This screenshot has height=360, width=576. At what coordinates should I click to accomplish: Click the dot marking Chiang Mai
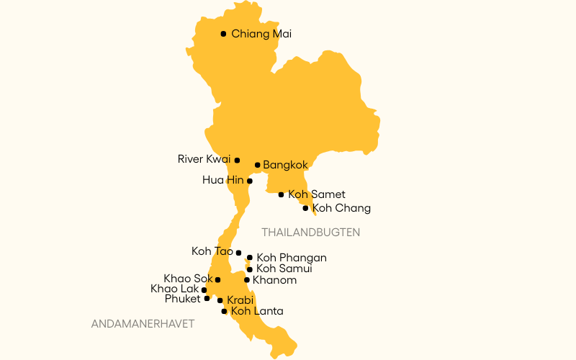tap(223, 34)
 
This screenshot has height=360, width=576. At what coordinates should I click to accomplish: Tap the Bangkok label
tap(285, 165)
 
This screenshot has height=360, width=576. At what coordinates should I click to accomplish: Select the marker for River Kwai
tap(237, 160)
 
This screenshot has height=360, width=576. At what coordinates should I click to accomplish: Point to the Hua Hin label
tap(222, 180)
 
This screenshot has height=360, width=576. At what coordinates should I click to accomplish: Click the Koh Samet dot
tap(281, 194)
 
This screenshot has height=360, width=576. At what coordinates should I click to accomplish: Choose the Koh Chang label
tap(341, 208)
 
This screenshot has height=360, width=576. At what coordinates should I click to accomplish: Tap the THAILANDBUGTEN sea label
tap(310, 233)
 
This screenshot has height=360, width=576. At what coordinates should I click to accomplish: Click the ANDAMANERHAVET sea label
tap(143, 324)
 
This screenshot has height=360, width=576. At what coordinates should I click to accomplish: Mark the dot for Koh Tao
tap(238, 253)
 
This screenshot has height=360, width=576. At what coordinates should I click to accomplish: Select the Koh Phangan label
tap(292, 258)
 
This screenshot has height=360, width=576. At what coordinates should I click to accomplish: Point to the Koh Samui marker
tap(250, 269)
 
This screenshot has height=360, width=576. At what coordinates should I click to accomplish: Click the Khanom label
tap(275, 280)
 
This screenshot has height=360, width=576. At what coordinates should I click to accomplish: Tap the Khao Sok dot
tap(217, 279)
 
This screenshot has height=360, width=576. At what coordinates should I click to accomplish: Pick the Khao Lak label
tap(174, 289)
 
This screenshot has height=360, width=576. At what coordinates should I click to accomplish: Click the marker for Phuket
tap(207, 298)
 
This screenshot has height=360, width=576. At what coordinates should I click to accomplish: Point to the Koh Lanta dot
tap(225, 311)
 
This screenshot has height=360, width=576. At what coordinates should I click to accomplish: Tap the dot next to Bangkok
tap(257, 165)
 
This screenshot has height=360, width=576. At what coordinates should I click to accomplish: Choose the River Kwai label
tap(204, 159)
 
